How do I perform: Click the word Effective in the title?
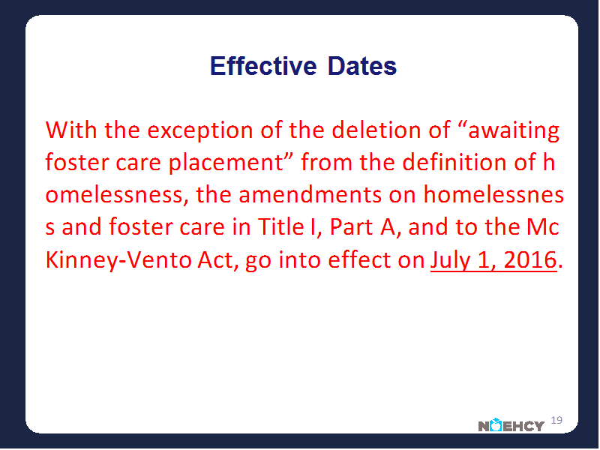tap(264, 66)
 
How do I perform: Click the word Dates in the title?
tap(362, 66)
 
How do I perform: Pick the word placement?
tap(226, 163)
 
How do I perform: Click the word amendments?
tap(310, 194)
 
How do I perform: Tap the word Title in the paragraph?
tap(280, 226)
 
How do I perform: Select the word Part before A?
tap(351, 226)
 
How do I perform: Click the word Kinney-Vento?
tap(118, 260)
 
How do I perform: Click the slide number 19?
tap(556, 420)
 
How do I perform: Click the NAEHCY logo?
tap(511, 424)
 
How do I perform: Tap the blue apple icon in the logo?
tap(496, 424)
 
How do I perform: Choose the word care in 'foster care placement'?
tap(138, 163)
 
